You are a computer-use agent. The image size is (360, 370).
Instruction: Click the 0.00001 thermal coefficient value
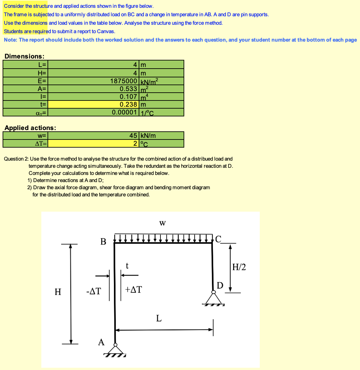(x=124, y=112)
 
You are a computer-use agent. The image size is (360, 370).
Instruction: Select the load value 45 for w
(x=133, y=136)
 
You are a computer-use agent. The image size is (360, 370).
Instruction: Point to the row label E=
(x=43, y=81)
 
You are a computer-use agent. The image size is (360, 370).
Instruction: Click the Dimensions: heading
(x=24, y=56)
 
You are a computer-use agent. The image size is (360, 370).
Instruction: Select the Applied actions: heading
(x=30, y=128)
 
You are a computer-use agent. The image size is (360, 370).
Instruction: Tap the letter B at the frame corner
(x=103, y=242)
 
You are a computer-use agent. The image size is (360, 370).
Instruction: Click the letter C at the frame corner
(x=218, y=239)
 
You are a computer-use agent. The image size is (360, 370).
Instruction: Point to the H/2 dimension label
(x=239, y=267)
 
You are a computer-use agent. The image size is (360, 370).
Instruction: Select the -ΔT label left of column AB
(x=93, y=291)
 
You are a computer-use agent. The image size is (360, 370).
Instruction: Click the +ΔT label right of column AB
(x=133, y=289)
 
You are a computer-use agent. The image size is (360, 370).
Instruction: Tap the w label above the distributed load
(x=162, y=223)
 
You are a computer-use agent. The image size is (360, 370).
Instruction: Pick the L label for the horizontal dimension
(x=159, y=318)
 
